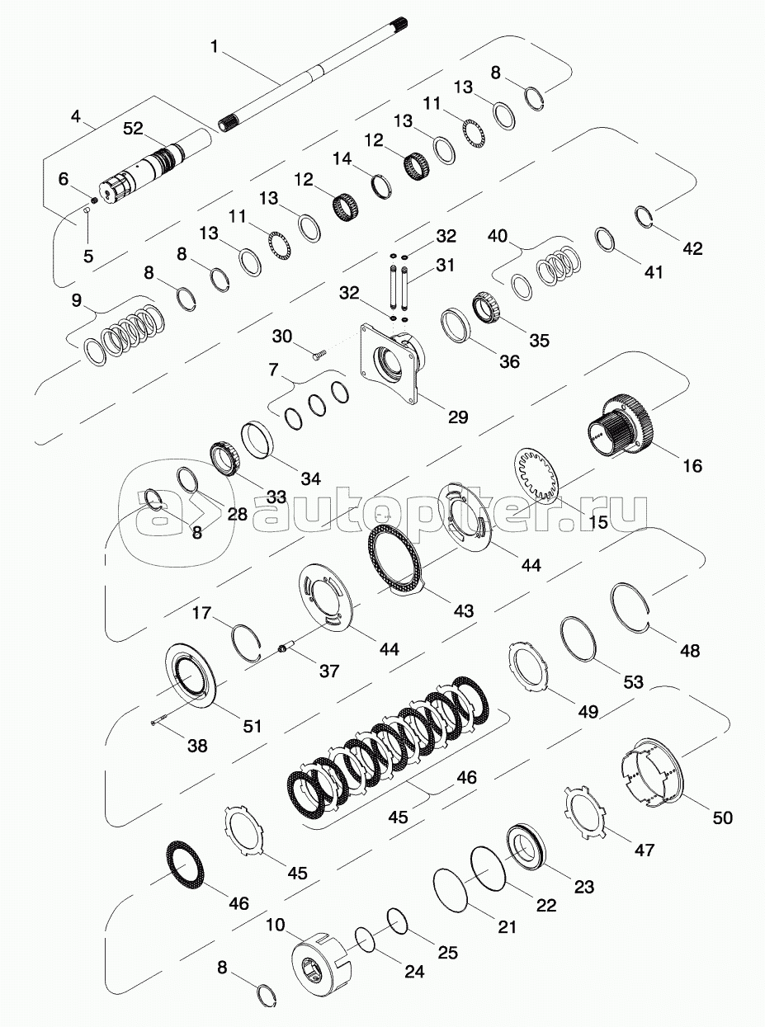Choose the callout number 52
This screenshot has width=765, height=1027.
click(x=133, y=128)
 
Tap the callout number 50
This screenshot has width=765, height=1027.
click(x=722, y=817)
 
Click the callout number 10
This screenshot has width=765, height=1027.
click(x=275, y=925)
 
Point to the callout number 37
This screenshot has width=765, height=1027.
click(x=329, y=671)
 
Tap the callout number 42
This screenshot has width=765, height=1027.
click(x=692, y=247)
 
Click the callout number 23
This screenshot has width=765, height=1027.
click(x=583, y=887)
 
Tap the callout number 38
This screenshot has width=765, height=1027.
click(x=196, y=745)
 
